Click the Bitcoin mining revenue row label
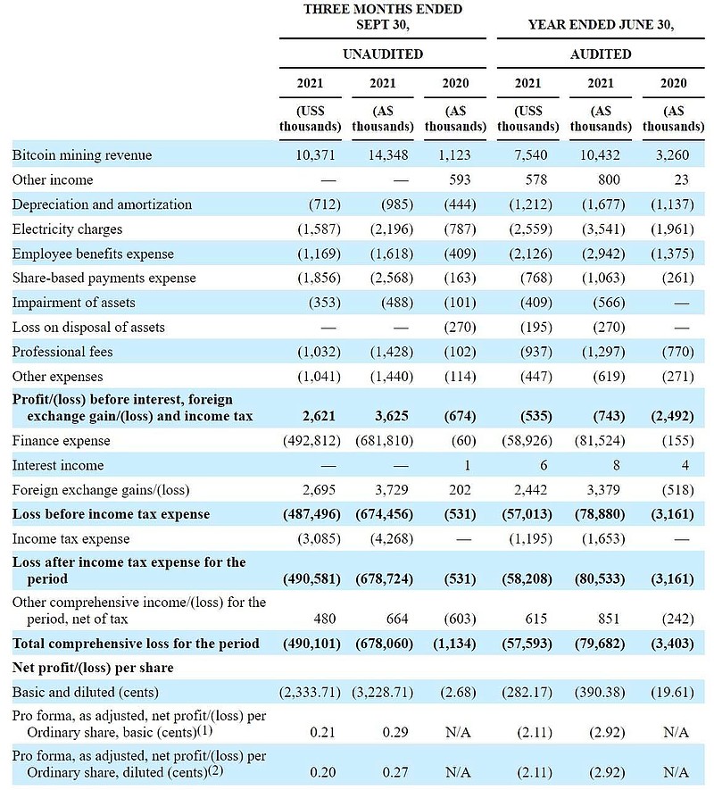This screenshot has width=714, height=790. click(x=82, y=155)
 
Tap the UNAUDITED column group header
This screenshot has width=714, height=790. click(x=383, y=54)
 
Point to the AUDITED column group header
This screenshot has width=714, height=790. click(x=601, y=54)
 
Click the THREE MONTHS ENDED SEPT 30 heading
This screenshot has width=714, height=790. click(x=383, y=17)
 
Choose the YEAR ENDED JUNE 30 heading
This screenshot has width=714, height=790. click(x=601, y=25)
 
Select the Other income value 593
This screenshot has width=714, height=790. click(x=454, y=179)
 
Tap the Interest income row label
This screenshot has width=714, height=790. click(x=58, y=465)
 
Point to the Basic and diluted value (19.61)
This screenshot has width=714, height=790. click(x=674, y=692)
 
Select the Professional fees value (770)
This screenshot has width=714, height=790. click(x=674, y=352)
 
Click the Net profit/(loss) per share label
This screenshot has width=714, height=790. click(x=93, y=667)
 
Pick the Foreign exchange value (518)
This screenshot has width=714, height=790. click(x=674, y=489)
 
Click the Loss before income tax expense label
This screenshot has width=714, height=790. click(x=111, y=514)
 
